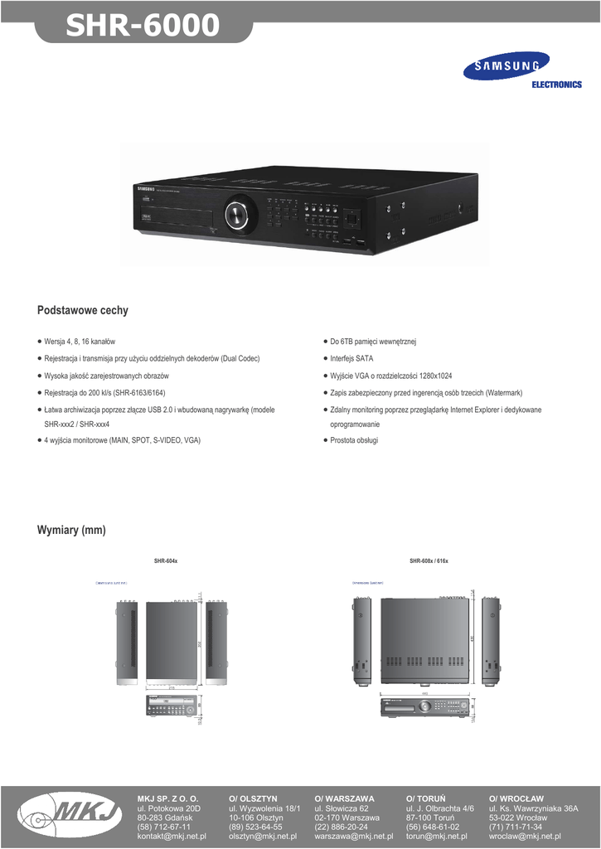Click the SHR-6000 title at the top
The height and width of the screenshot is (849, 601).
point(143,27)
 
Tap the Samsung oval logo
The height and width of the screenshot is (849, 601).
point(506,66)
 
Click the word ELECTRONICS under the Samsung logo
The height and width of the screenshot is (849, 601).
point(556,85)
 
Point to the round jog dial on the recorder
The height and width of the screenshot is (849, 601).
point(239,214)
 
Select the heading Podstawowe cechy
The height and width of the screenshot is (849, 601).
point(83,310)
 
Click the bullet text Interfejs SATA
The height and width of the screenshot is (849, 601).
point(351,358)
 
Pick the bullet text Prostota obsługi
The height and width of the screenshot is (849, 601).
point(354,440)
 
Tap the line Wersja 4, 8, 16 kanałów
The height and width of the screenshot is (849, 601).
point(80,342)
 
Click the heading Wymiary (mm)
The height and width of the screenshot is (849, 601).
point(71,530)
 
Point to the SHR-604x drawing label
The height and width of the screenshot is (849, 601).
point(166,561)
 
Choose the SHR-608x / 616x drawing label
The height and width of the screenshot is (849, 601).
point(429,561)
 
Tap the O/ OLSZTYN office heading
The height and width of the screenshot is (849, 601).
point(253,798)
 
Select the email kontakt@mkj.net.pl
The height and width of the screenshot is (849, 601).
point(171,837)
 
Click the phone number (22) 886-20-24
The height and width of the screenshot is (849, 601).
point(341,827)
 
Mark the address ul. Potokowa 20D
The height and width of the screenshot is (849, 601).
point(169,808)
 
